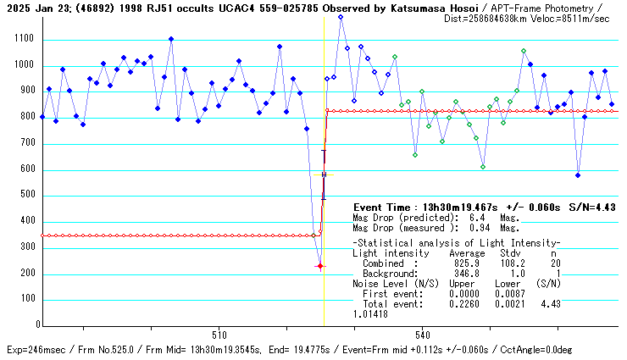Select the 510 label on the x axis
click(x=219, y=334)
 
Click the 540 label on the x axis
click(x=424, y=334)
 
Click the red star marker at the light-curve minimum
click(x=320, y=266)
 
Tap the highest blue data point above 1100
click(x=341, y=17)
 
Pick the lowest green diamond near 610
click(x=483, y=167)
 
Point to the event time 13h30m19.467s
click(x=460, y=207)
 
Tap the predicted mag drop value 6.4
click(x=476, y=217)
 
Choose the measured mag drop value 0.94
click(x=481, y=227)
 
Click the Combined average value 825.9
click(x=467, y=263)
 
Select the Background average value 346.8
click(x=467, y=273)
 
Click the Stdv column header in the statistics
click(x=509, y=252)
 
